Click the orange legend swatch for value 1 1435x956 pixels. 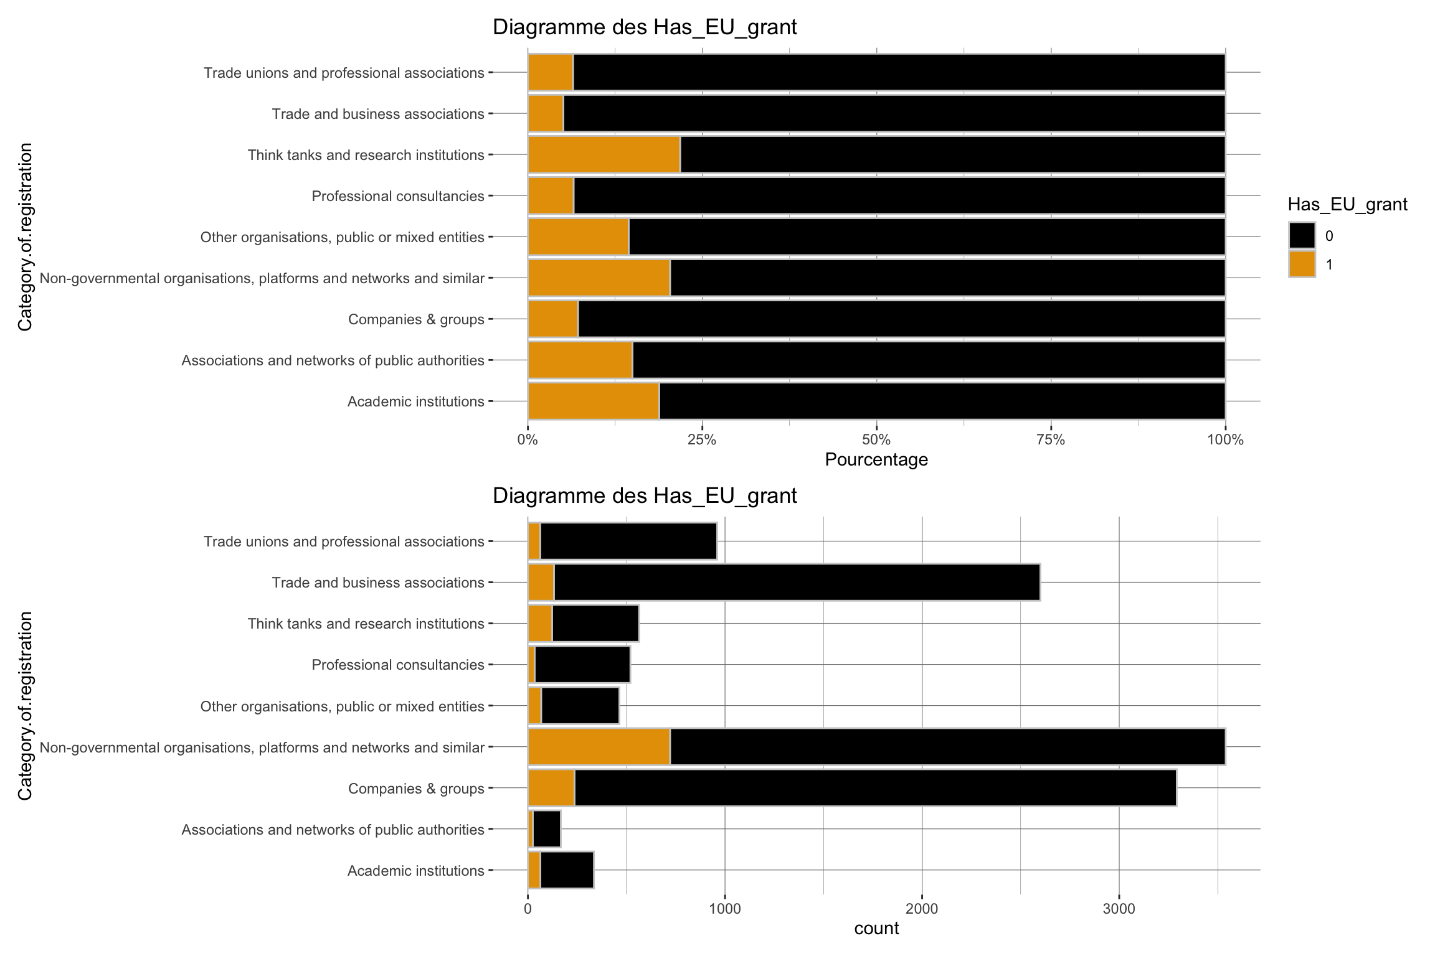pos(1302,264)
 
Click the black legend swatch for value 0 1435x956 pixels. pos(1302,235)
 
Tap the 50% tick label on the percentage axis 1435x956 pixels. pos(876,441)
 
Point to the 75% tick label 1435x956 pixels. pos(1051,441)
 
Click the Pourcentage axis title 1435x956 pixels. pos(876,460)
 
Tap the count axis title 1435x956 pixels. pos(876,929)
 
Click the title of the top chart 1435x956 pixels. pos(645,27)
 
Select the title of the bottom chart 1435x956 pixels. pos(645,495)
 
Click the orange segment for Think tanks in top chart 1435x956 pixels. pos(604,154)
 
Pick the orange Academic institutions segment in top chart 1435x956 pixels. pos(594,401)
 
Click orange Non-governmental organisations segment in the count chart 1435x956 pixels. pos(599,746)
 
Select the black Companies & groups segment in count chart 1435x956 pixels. pos(875,787)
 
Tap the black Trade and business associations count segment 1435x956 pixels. pos(797,582)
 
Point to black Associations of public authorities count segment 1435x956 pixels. pos(547,829)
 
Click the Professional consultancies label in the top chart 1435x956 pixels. pos(398,196)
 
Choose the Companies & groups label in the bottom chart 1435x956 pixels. pos(416,789)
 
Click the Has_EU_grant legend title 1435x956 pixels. pos(1347,204)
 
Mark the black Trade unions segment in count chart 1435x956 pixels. pos(628,541)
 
